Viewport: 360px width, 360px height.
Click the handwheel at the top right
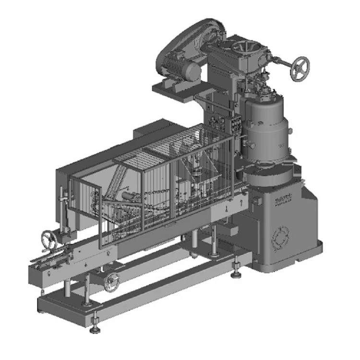click(300, 68)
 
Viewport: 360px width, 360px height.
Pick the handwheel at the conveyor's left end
click(48, 238)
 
